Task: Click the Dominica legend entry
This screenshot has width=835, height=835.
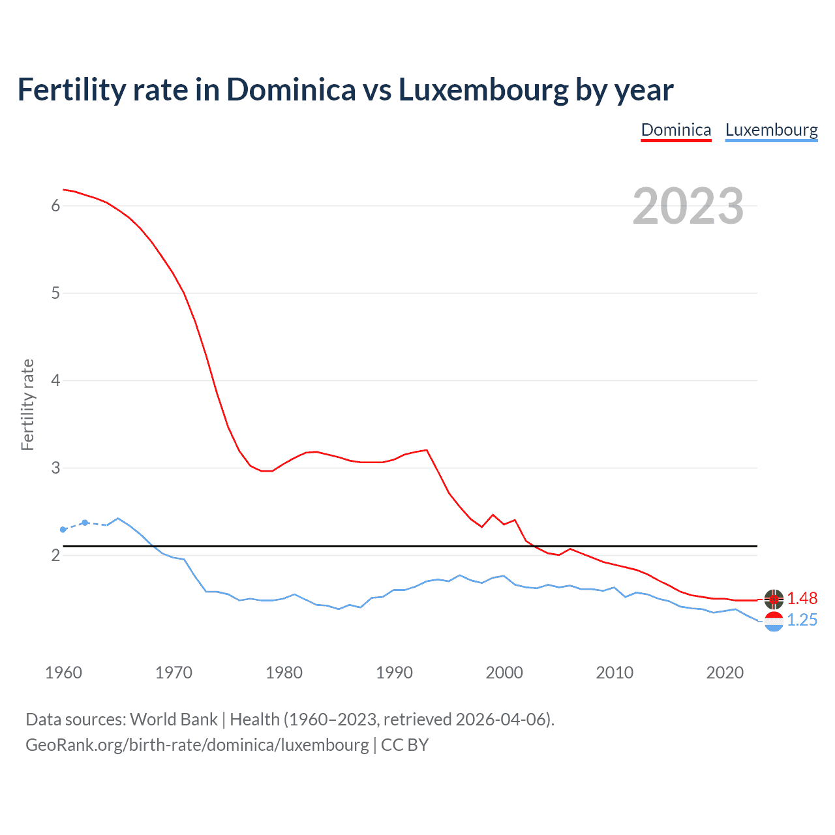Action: click(676, 130)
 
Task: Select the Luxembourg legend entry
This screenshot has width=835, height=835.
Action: click(771, 130)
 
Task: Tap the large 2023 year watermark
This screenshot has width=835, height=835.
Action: click(688, 206)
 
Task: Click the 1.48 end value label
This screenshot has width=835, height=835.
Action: click(802, 598)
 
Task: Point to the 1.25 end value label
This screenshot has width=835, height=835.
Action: click(802, 620)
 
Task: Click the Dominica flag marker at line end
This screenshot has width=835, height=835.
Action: click(774, 599)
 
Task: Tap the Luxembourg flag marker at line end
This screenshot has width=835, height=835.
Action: click(774, 621)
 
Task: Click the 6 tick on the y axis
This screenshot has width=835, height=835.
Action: click(55, 205)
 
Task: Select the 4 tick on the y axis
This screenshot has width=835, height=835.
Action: click(55, 380)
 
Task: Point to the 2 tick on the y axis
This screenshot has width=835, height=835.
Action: click(55, 555)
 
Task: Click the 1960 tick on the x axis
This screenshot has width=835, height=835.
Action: click(63, 673)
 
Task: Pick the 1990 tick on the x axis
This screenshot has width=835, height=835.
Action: click(394, 673)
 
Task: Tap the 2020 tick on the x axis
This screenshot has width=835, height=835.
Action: click(725, 673)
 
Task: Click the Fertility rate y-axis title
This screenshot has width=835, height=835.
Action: click(27, 404)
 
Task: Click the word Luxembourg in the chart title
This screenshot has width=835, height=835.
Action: click(483, 90)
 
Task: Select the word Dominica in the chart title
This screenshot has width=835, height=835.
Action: click(291, 90)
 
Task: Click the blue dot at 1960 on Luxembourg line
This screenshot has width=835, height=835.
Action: click(63, 530)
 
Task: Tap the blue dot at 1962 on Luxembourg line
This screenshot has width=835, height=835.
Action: click(85, 523)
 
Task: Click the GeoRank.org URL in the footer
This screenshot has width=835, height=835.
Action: click(197, 745)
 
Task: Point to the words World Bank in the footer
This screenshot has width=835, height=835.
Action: click(174, 720)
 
